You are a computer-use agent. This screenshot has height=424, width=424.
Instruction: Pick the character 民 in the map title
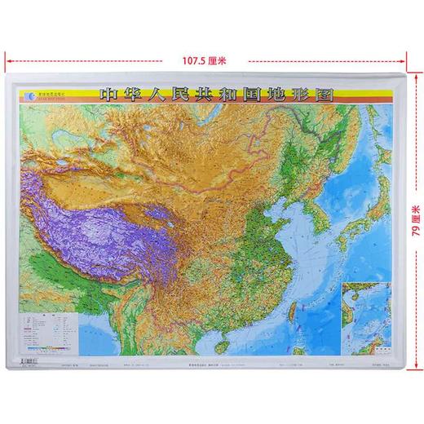[156, 94]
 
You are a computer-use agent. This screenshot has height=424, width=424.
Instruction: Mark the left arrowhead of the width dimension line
[9, 60]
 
